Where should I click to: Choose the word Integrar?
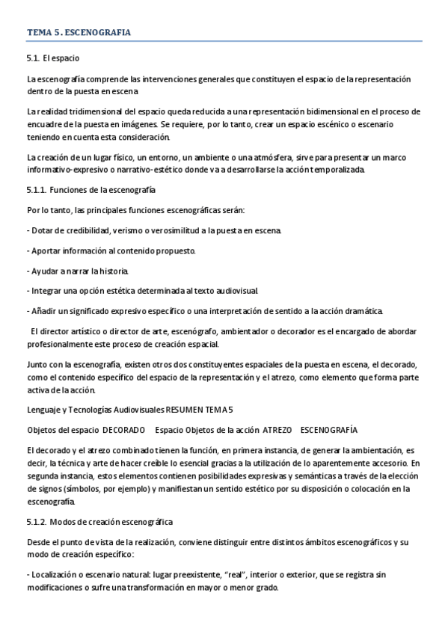47,290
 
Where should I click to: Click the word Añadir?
45,310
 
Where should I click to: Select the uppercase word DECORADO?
123,430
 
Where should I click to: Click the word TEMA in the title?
38,33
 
